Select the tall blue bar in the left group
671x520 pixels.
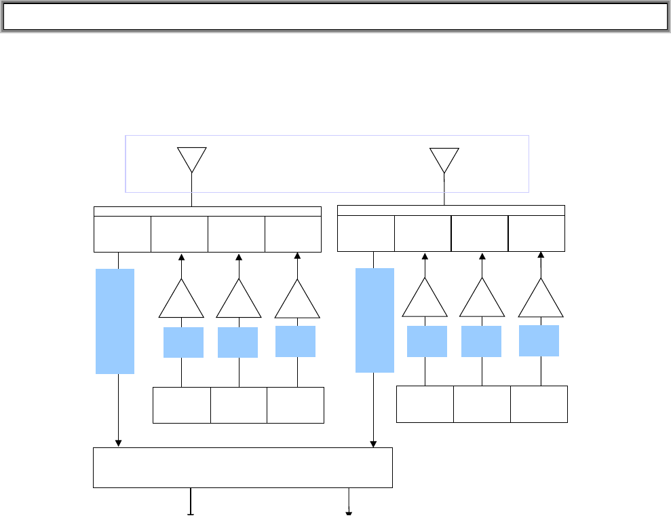pos(115,321)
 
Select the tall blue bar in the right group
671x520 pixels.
pos(375,320)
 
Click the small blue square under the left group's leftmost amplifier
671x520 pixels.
pos(183,342)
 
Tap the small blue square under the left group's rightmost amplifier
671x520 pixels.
pos(295,341)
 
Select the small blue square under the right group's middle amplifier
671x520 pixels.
pos(481,341)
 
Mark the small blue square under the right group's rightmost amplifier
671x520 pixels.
pos(539,341)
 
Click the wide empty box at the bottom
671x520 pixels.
pos(242,467)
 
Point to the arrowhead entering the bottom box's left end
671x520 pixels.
pos(119,444)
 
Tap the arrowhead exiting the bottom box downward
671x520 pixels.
pos(349,513)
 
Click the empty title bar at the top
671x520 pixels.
pos(335,17)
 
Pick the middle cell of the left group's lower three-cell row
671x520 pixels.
pos(239,405)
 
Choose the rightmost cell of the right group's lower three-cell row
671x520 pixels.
pos(539,404)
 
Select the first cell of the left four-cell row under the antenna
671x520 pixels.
pos(122,234)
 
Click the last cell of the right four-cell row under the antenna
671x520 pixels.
pos(537,233)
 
